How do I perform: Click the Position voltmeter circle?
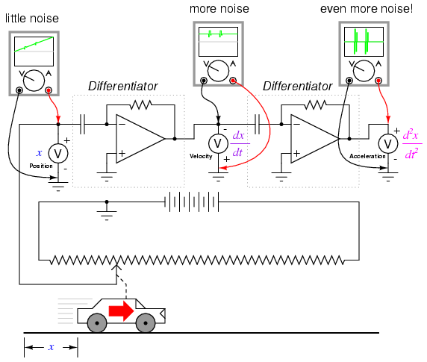tap(58, 154)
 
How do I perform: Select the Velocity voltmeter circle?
tap(218, 143)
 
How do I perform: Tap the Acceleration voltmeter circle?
tap(388, 143)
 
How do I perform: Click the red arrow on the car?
tap(122, 310)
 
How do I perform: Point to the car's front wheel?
tap(146, 323)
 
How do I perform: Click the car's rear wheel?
tap(97, 323)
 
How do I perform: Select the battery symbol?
tap(191, 202)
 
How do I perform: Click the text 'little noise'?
tap(32, 19)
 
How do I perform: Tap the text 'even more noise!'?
tap(367, 9)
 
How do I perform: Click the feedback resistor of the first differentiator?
tap(140, 104)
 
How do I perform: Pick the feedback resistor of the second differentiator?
tap(315, 104)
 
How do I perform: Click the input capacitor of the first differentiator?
tap(83, 125)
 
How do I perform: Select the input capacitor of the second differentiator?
tap(257, 125)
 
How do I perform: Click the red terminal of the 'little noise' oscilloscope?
tap(49, 90)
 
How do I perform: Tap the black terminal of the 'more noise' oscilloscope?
tap(204, 81)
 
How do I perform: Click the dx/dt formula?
tap(240, 144)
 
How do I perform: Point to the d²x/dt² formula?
tap(412, 144)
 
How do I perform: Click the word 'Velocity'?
tap(201, 156)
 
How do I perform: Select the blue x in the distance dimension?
tap(51, 347)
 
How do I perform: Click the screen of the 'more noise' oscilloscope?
tap(218, 42)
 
